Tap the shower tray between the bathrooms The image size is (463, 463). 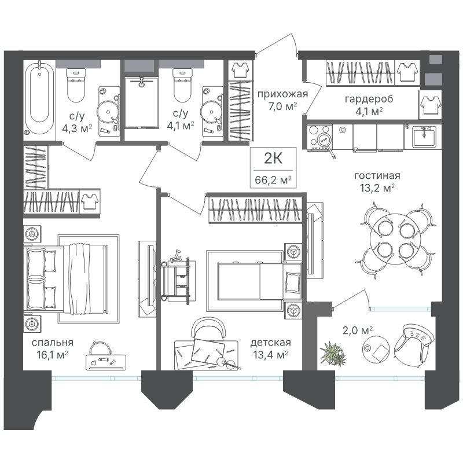tap(141, 102)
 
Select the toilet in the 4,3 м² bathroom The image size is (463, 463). tap(76, 85)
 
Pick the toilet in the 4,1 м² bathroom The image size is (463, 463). tap(182, 85)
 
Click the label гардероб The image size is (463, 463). tap(369, 99)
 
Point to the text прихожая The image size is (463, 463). tap(282, 94)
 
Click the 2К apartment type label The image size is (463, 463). tap(273, 159)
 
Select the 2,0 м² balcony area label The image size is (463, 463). tap(357, 330)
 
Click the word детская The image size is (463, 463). tap(271, 343)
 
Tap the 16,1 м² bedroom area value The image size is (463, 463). tap(53, 354)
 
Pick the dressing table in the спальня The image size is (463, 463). tap(105, 362)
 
